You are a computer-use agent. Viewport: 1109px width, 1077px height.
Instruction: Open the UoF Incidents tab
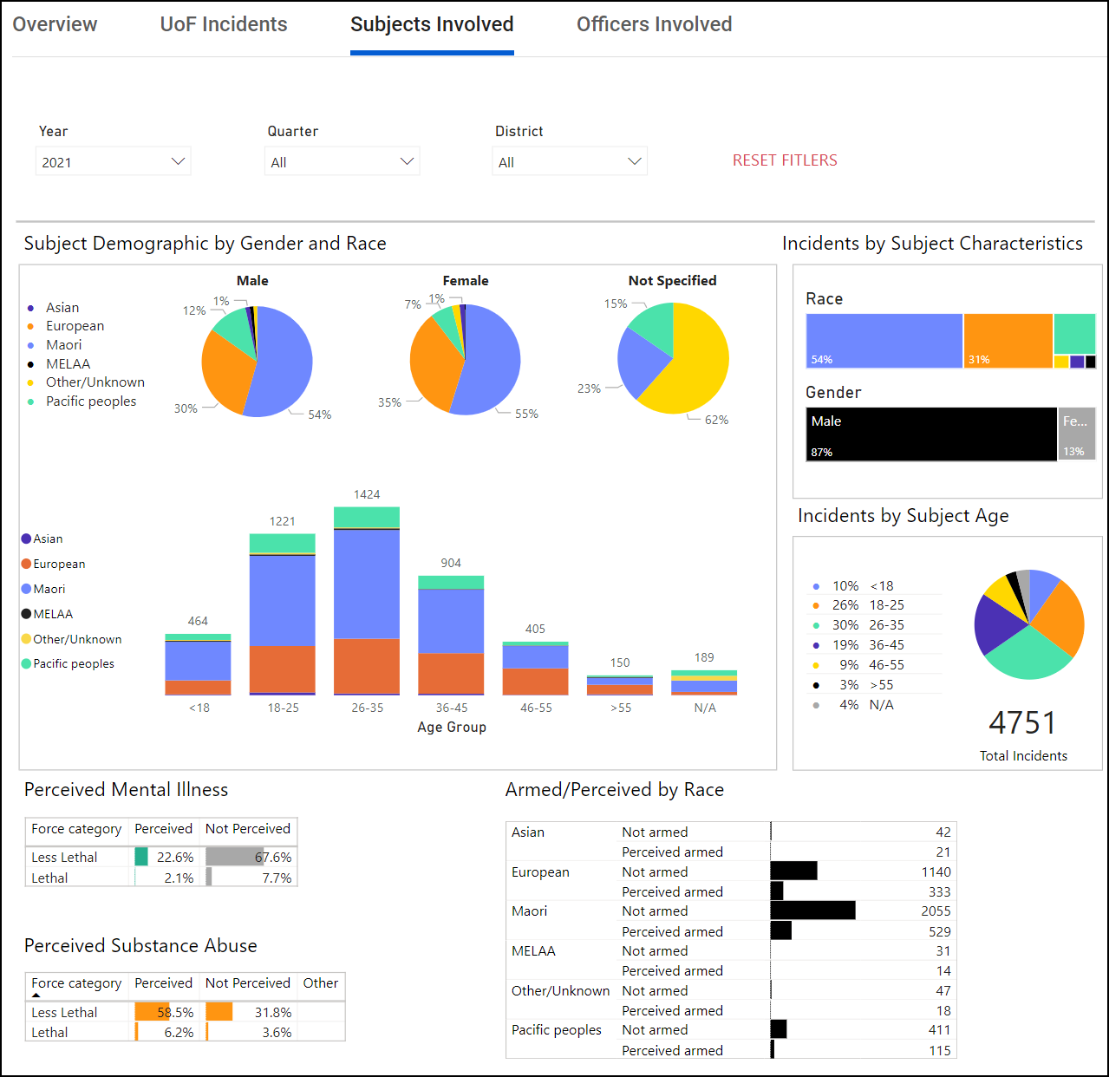[224, 24]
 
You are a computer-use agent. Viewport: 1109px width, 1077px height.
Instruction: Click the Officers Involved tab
[654, 24]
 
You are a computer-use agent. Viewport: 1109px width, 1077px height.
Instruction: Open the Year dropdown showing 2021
[114, 162]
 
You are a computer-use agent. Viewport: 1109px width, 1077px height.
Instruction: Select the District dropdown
[570, 162]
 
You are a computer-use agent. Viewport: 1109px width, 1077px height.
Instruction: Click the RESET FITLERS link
[785, 160]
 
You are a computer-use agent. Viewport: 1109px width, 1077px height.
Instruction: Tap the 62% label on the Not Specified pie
[716, 420]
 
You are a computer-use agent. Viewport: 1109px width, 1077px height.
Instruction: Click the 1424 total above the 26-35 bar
[367, 494]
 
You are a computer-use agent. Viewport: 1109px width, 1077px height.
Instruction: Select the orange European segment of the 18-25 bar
[282, 669]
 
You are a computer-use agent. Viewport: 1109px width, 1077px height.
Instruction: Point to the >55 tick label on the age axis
[620, 708]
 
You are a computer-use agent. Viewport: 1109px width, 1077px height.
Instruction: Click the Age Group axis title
[452, 727]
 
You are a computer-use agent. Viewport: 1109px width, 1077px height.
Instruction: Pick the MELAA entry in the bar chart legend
[53, 614]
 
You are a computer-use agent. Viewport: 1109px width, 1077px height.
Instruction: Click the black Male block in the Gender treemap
[931, 434]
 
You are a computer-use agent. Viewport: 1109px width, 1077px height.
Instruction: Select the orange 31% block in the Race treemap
[1008, 341]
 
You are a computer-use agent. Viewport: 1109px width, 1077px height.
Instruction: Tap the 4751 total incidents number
[1023, 723]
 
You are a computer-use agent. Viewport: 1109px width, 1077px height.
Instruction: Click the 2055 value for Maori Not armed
[936, 911]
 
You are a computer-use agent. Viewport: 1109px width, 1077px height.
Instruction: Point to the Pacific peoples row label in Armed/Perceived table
[557, 1030]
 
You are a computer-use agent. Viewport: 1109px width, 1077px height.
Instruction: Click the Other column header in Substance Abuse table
[321, 983]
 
